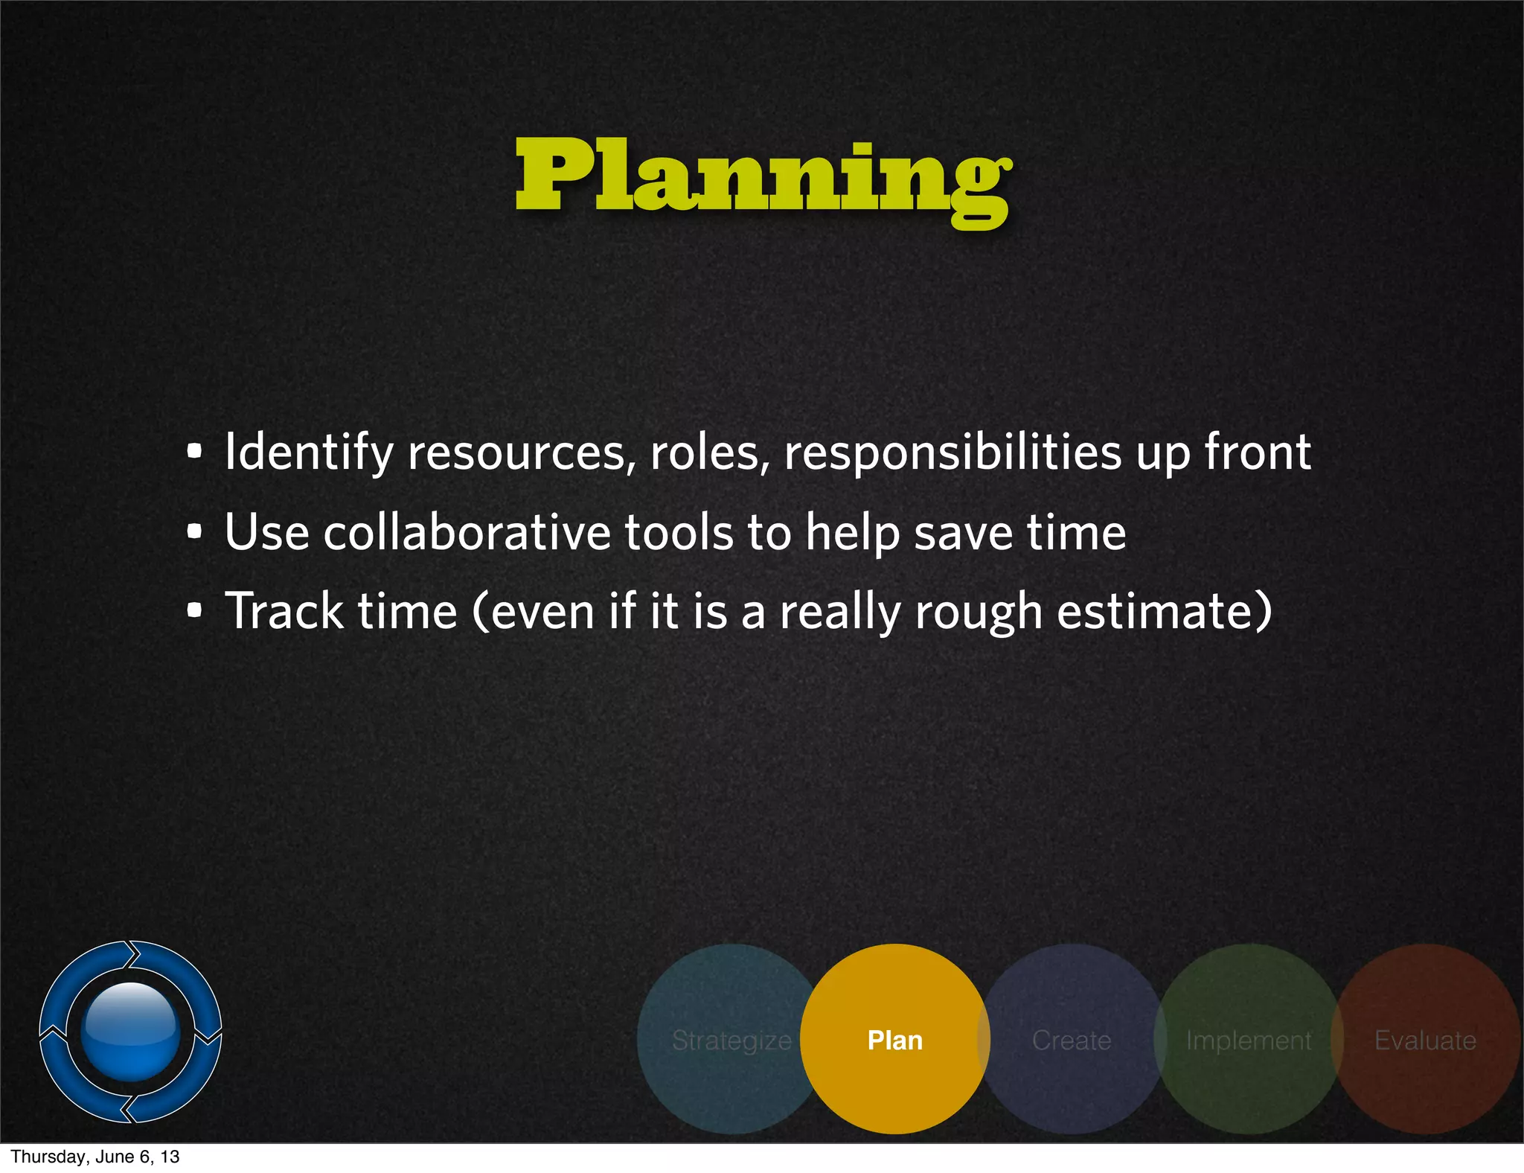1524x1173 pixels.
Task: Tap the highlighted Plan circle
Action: tap(894, 1039)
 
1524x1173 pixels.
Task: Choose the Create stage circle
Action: tap(1072, 1039)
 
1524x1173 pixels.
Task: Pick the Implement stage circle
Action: tap(1248, 1039)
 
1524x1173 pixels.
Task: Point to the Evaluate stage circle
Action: tap(1426, 1039)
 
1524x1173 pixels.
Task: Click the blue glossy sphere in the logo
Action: tap(131, 1032)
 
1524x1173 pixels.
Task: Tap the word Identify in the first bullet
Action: tap(308, 453)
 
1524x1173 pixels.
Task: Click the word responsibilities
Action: tap(952, 453)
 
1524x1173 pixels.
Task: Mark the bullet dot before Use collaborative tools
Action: tap(194, 532)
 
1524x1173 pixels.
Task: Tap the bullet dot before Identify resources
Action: tap(194, 451)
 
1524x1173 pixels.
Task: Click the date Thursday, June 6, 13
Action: tap(95, 1157)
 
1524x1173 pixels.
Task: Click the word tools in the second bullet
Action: tap(679, 533)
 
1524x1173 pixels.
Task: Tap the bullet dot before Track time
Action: tap(194, 611)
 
